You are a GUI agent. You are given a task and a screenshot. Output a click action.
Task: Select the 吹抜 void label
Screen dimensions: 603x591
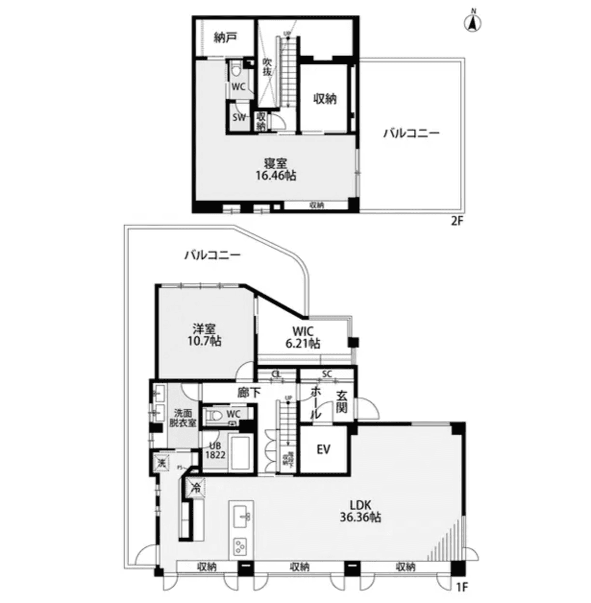[x=267, y=67]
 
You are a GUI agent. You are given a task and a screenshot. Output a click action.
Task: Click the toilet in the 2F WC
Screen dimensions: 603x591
[x=235, y=70]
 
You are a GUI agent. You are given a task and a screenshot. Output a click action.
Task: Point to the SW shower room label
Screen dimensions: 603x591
[x=239, y=117]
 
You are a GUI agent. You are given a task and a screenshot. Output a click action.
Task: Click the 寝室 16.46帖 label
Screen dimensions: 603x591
[x=275, y=169]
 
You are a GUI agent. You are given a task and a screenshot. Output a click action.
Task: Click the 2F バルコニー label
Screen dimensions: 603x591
[x=411, y=133]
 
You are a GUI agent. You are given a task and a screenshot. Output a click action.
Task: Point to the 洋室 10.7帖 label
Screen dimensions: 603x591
[x=204, y=335]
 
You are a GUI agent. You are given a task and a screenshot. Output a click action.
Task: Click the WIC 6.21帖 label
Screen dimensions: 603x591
[x=303, y=338]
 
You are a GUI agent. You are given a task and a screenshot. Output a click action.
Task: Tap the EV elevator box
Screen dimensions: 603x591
[x=323, y=449]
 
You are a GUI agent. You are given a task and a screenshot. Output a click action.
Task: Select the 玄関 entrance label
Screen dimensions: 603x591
[x=342, y=402]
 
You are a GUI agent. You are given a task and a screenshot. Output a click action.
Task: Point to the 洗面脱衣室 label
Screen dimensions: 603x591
[x=182, y=418]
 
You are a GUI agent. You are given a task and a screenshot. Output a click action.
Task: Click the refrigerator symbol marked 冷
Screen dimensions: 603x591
[x=196, y=488]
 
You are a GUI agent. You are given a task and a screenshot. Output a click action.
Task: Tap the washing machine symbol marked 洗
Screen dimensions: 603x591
[x=162, y=464]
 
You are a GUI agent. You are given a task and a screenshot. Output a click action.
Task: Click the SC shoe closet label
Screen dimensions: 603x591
[x=327, y=374]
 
